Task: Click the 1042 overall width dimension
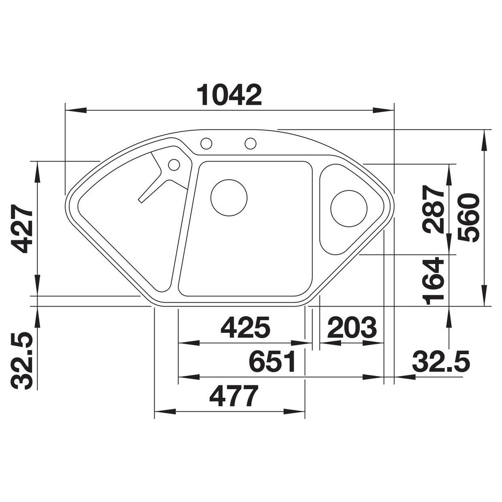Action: (230, 95)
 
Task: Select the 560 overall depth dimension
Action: (469, 218)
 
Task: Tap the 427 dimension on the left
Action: (22, 229)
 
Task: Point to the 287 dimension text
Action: (434, 209)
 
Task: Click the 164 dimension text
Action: (434, 281)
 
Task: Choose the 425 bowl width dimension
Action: (245, 328)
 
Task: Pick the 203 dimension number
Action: (351, 328)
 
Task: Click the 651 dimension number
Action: (272, 362)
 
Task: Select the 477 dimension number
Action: (234, 396)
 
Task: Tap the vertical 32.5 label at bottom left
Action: (22, 361)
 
